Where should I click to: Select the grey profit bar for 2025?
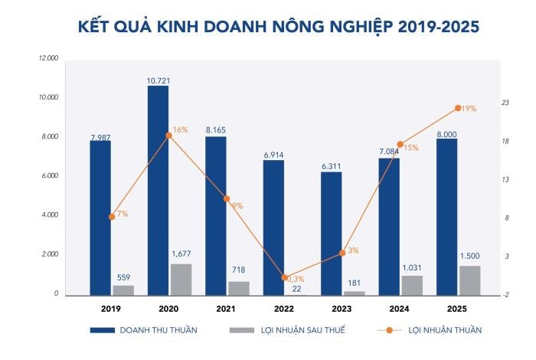[x=469, y=280]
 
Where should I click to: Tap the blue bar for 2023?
[x=331, y=234]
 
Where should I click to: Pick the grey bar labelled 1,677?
[x=181, y=280]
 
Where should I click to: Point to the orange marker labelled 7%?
[x=112, y=217]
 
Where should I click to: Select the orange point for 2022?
[x=284, y=278]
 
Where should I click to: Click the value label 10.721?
[x=159, y=80]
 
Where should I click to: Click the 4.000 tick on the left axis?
[x=50, y=215]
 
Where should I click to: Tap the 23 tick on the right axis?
[x=505, y=103]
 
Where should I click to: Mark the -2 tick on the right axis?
[x=505, y=295]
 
